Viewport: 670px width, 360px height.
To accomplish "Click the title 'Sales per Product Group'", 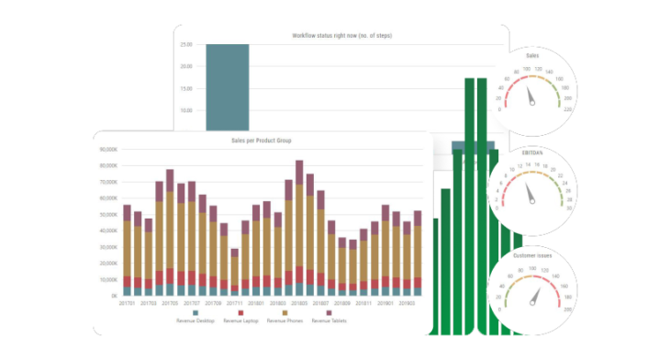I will [x=262, y=141].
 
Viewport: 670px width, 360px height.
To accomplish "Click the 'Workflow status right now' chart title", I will [x=342, y=35].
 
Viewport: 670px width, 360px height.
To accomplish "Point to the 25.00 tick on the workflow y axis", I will [x=185, y=44].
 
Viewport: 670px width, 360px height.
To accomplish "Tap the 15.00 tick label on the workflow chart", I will [x=185, y=88].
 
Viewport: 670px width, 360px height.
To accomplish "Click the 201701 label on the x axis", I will [x=128, y=302].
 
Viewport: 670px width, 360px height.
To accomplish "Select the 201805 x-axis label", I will [x=299, y=302].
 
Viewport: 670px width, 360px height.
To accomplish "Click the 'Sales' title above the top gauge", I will [x=532, y=56].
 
